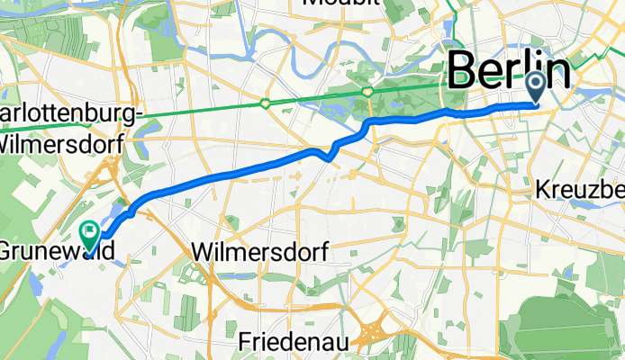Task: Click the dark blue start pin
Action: click(536, 88)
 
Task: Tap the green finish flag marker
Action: click(91, 234)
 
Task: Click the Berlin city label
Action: click(508, 70)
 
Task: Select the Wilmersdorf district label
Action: click(258, 250)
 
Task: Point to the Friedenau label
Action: click(292, 342)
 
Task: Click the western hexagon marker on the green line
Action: click(265, 103)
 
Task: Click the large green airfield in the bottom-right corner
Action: click(567, 328)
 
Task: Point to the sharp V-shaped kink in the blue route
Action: click(328, 157)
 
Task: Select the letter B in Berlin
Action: click(461, 70)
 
